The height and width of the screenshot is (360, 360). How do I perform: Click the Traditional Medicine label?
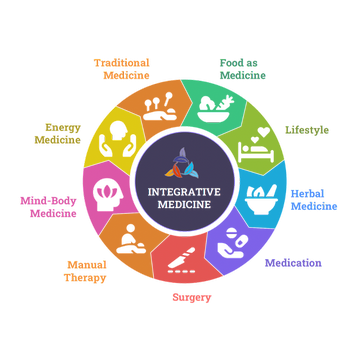[x=122, y=69]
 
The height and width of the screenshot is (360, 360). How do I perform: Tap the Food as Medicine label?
[x=243, y=69]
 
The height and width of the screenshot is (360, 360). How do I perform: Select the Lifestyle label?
[x=307, y=130]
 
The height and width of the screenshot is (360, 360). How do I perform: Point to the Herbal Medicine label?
[x=314, y=200]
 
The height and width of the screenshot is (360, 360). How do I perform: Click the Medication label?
[x=293, y=263]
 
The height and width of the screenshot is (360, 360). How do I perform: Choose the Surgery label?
[x=192, y=297]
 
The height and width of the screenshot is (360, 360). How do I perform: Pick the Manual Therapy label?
[x=86, y=271]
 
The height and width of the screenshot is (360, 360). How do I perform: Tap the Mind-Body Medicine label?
[x=49, y=207]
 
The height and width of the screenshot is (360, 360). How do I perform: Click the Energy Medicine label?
[x=58, y=133]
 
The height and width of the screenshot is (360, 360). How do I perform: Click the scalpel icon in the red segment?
[x=181, y=261]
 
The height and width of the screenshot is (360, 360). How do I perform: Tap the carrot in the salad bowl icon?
[x=225, y=102]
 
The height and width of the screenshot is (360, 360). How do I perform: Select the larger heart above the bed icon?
[x=264, y=132]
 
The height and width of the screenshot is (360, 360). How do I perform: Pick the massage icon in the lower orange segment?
[x=131, y=239]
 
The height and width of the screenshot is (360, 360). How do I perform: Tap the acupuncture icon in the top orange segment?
[x=160, y=106]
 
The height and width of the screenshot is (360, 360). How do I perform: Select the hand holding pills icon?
[x=233, y=243]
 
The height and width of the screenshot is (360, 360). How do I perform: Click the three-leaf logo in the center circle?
[x=182, y=163]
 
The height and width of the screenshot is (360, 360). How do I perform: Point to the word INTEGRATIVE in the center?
[x=184, y=192]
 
